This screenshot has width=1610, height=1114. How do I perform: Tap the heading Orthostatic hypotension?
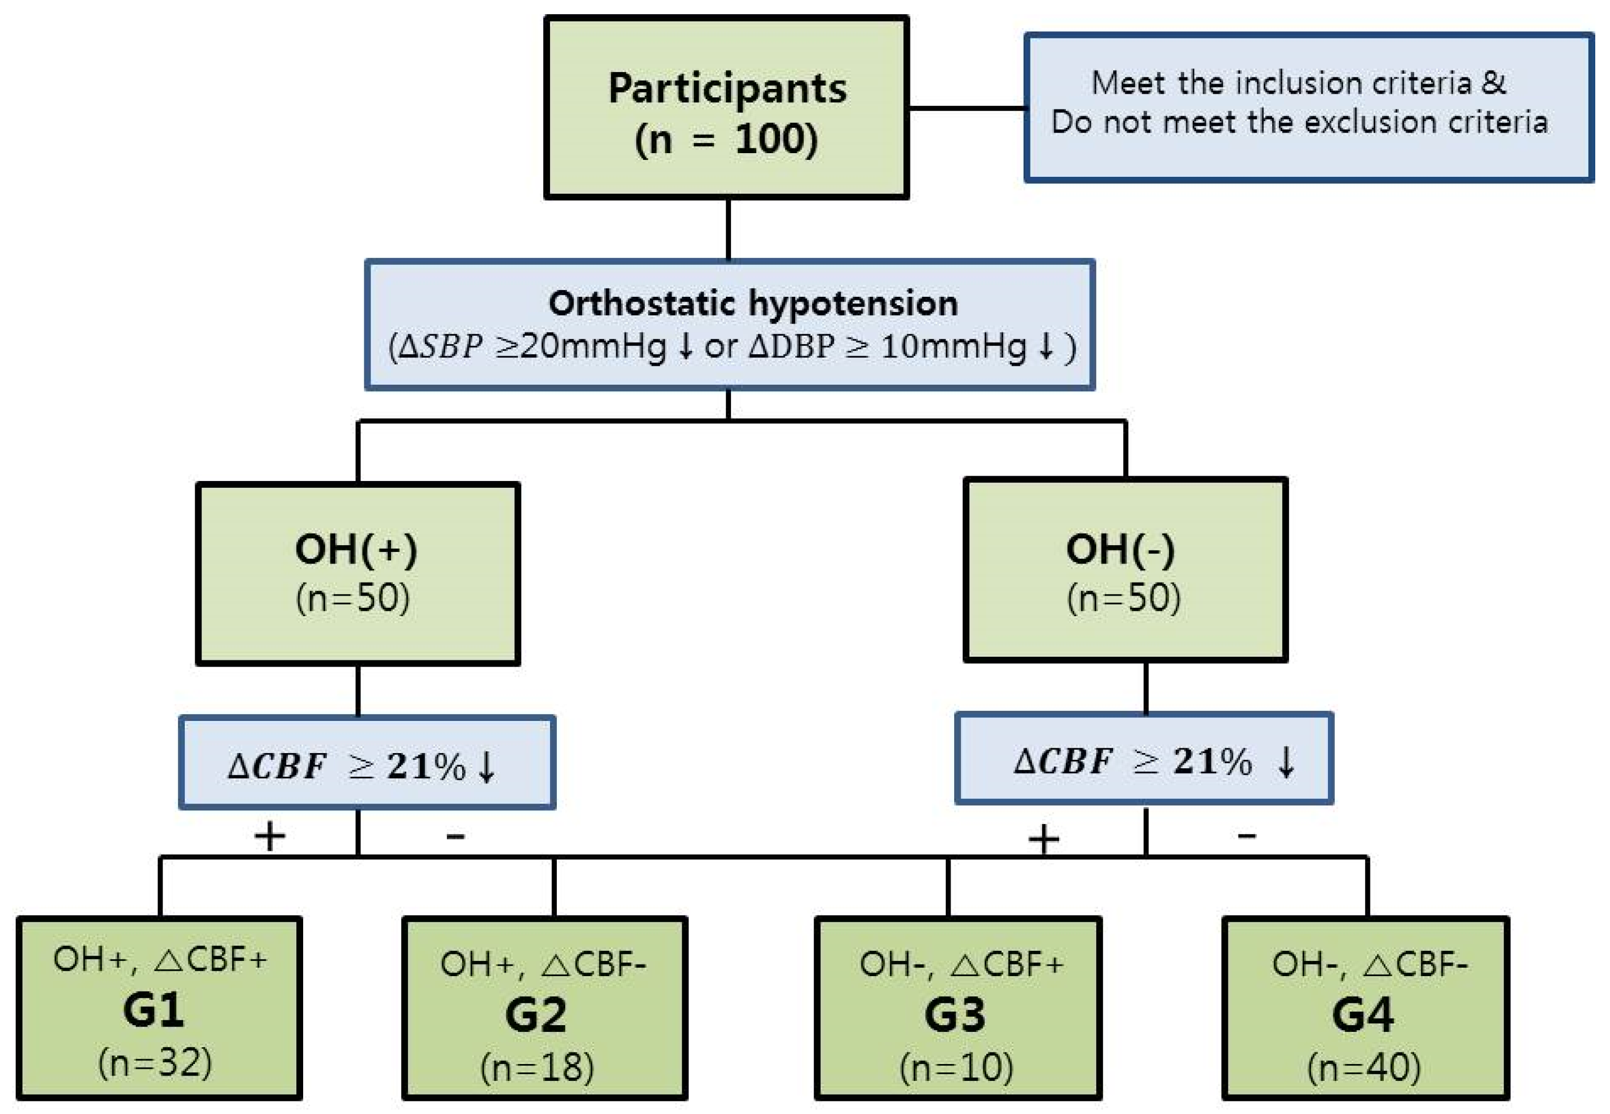753,304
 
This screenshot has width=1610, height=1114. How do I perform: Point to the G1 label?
153,1009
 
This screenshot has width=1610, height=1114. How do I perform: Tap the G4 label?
1362,1014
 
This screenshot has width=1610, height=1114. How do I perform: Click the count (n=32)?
155,1063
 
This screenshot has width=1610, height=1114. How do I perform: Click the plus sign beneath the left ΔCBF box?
270,836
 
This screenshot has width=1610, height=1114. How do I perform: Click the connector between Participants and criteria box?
966,108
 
